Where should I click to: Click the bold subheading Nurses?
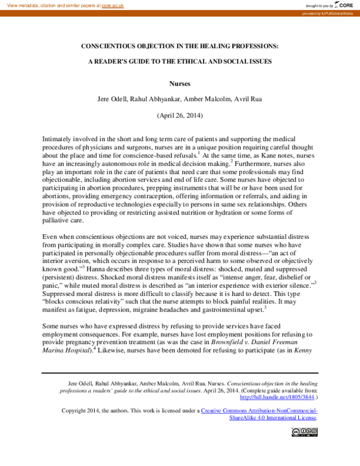pos(179,85)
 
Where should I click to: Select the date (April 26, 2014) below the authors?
pos(179,114)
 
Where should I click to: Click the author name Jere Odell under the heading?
pos(112,100)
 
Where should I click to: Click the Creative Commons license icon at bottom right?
pos(304,431)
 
